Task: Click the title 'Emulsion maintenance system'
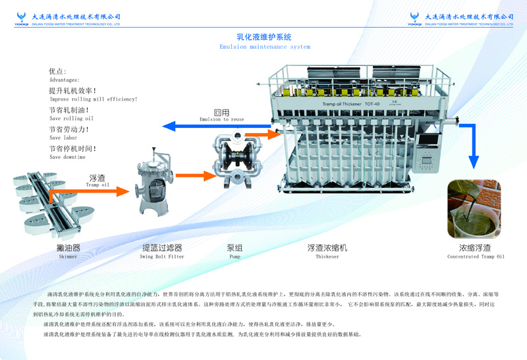pyautogui.click(x=264, y=47)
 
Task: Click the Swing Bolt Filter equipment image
pyautogui.click(x=152, y=187)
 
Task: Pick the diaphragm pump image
pyautogui.click(x=230, y=158)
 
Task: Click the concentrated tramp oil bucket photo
pyautogui.click(x=476, y=210)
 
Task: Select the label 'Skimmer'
pyautogui.click(x=68, y=256)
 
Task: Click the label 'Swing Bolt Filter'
pyautogui.click(x=163, y=256)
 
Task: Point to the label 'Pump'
pyautogui.click(x=235, y=256)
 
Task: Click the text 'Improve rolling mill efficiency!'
pyautogui.click(x=94, y=99)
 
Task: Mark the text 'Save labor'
pyautogui.click(x=63, y=138)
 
